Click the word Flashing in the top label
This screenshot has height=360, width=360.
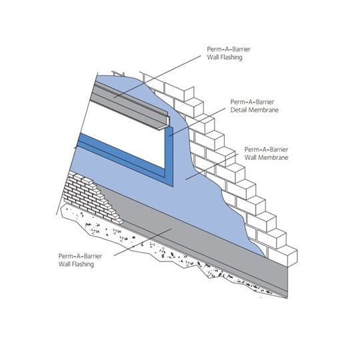tap(231, 57)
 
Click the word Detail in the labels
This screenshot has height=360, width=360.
tap(238, 110)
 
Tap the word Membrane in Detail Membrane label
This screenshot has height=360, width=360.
tap(263, 110)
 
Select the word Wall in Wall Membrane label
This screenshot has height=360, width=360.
tap(249, 157)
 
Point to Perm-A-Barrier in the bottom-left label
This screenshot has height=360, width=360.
tap(80, 256)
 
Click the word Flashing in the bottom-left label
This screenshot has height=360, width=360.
tap(82, 264)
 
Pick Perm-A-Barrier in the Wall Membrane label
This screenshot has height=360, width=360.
tap(266, 149)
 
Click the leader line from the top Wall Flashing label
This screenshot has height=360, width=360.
tap(157, 77)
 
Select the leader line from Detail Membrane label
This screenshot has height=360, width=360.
tap(197, 122)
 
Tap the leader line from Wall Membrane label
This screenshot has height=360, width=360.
tap(212, 167)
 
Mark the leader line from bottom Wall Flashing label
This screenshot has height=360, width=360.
tap(143, 242)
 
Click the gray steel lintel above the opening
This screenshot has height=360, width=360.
tap(131, 105)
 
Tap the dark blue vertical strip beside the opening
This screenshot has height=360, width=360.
tap(169, 156)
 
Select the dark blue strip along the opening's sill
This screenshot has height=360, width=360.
tap(122, 156)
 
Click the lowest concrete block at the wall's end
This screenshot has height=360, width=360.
tap(283, 256)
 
